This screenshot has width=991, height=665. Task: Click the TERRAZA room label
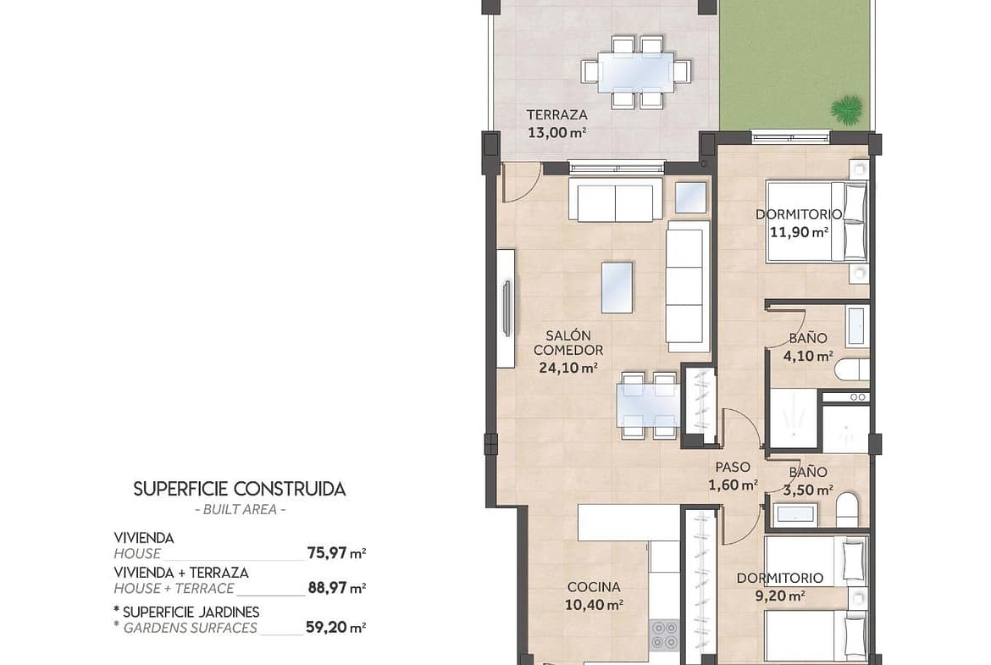point(556,115)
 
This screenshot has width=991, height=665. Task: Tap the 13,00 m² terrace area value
point(556,133)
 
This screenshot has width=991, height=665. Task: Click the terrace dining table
point(635,73)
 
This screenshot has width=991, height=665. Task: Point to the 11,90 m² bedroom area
point(799,232)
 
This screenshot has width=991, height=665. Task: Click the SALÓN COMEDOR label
point(568,342)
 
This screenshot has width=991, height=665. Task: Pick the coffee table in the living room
point(617,288)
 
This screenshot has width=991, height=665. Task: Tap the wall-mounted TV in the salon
point(506,308)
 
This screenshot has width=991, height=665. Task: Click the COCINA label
point(594,587)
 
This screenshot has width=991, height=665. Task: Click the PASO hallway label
point(733,467)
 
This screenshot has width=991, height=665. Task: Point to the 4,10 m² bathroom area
point(808,356)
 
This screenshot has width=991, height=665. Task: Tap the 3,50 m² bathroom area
point(808,490)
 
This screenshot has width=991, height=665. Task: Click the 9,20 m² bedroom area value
point(780,595)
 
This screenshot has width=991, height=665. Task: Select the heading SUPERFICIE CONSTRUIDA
point(240,490)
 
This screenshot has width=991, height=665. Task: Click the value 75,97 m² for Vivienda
point(337,553)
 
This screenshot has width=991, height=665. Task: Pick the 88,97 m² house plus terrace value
point(337,588)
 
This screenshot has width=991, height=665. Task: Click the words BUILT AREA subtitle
point(241,509)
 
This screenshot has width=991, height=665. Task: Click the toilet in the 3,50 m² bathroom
point(848,509)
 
